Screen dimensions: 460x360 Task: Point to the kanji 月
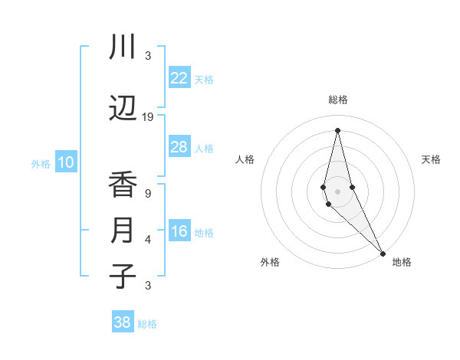pos(123,231)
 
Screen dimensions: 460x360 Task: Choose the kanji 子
pos(123,276)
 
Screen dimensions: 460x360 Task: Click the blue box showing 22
pos(179,78)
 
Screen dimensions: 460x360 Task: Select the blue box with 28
pos(179,147)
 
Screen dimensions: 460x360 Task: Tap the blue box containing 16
pos(179,232)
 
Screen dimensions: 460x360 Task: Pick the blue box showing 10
pos(66,162)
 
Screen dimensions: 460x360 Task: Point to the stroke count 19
pos(148,117)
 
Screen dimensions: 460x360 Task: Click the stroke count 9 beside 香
pos(148,194)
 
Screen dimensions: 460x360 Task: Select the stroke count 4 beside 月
pos(148,240)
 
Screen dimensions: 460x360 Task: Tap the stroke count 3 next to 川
pos(148,55)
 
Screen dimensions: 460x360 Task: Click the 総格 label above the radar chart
pos(338,100)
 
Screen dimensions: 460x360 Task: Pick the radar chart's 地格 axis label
pos(402,262)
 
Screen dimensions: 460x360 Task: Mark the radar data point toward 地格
pos(383,252)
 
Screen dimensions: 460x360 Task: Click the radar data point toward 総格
pos(337,129)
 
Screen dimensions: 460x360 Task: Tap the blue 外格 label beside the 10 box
pos(40,163)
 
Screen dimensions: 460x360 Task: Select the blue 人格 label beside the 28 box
pos(204,148)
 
